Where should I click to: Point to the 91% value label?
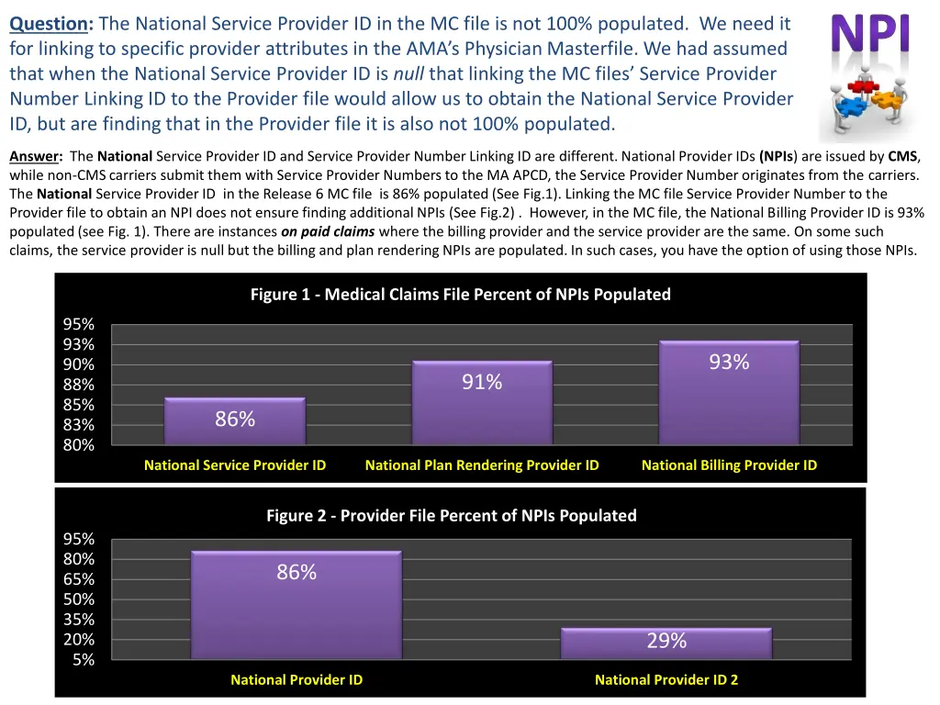click(x=482, y=382)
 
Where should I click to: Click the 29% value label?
click(x=666, y=642)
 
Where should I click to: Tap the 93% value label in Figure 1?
click(x=729, y=363)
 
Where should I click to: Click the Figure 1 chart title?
click(x=460, y=295)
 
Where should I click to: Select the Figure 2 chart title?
click(x=451, y=515)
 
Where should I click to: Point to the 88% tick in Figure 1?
click(x=78, y=385)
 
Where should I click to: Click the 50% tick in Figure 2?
click(x=78, y=599)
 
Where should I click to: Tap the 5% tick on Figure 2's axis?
click(x=83, y=659)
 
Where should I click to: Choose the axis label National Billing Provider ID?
click(x=729, y=465)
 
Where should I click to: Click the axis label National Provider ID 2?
click(x=666, y=680)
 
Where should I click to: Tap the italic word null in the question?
click(x=408, y=73)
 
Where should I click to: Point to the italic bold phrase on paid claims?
click(x=328, y=231)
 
